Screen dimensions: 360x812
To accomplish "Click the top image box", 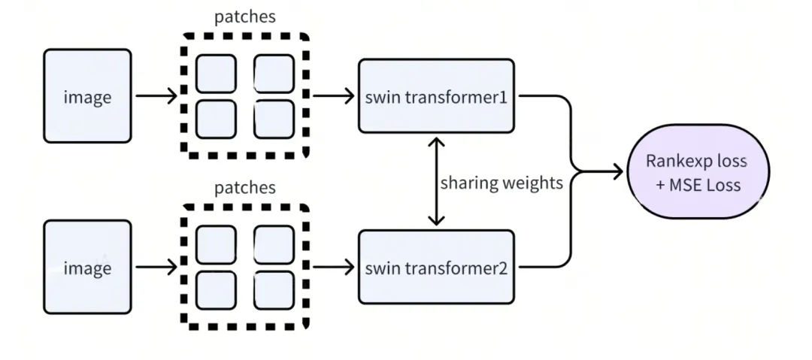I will [x=87, y=96].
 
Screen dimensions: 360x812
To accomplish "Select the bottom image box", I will [x=87, y=268].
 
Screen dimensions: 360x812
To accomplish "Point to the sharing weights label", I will [x=501, y=183].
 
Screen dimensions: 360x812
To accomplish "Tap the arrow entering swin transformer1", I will [x=334, y=96].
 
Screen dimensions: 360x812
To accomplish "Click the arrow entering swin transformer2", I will [x=334, y=268].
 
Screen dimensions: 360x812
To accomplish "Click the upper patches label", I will [x=245, y=17].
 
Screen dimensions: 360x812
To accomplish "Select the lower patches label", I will [x=245, y=187].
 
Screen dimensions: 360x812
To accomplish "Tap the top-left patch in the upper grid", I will [x=216, y=73].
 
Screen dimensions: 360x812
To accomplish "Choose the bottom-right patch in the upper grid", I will [x=274, y=119].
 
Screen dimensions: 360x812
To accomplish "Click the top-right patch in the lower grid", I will [x=274, y=244].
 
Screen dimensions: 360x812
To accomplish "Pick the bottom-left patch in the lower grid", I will [x=216, y=289].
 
